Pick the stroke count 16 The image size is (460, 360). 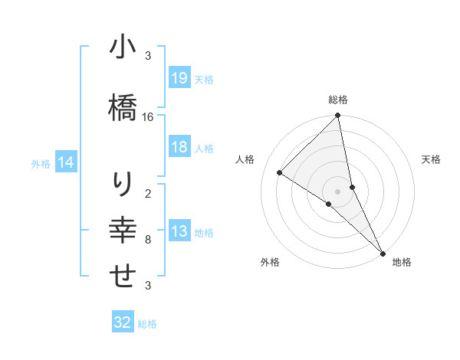(149, 117)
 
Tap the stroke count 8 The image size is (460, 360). (149, 240)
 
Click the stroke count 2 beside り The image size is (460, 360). (149, 194)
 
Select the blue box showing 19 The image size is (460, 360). (179, 77)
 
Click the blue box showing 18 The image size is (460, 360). (179, 147)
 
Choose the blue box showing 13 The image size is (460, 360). (179, 231)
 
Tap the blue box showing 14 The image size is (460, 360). (66, 162)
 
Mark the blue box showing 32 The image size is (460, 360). (123, 322)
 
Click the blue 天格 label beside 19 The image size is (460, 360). (204, 79)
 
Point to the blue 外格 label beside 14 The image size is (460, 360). (41, 163)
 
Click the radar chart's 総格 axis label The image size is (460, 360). (338, 100)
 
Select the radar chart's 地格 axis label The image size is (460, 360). (402, 262)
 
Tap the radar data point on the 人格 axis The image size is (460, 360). (280, 172)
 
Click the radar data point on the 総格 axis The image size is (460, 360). (338, 116)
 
